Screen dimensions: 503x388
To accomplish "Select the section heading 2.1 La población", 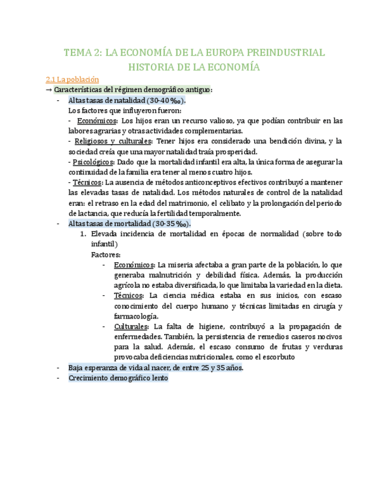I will (72, 79).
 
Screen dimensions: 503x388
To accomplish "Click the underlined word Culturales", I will (132, 327).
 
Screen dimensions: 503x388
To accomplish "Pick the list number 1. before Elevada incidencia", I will (83, 234).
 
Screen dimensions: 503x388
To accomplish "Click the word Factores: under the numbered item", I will (105, 254).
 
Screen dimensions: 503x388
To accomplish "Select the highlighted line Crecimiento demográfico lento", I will (118, 378).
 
